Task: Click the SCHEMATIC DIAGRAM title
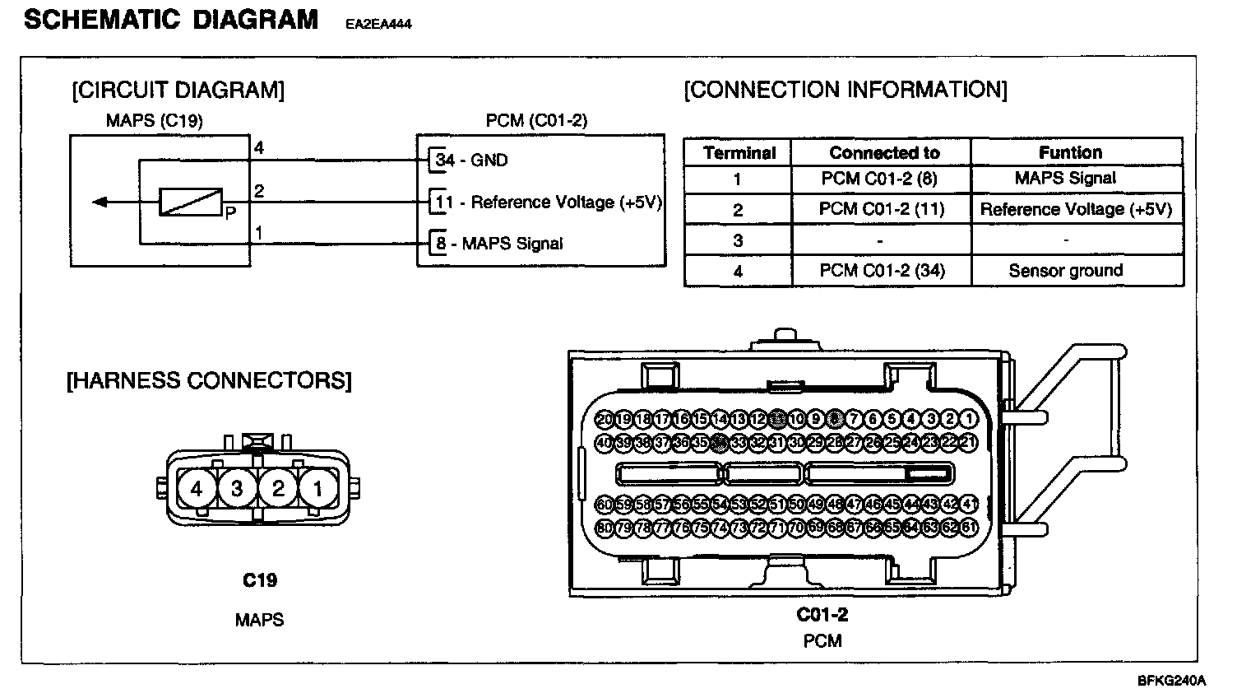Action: coord(171,20)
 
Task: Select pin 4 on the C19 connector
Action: coord(196,489)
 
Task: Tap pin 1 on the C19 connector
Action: coord(317,489)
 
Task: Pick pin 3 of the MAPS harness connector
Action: coord(237,489)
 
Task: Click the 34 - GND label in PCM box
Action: coord(471,160)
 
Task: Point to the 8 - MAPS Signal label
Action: coord(499,244)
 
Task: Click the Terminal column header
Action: coord(739,153)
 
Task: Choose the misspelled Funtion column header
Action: coord(1070,152)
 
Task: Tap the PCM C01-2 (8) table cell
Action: coord(878,179)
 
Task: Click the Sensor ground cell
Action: coord(1065,271)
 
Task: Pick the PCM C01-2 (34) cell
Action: coord(882,271)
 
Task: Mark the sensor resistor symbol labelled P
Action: coord(191,202)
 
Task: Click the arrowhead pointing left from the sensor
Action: coord(99,202)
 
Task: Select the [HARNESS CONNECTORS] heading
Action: coord(208,381)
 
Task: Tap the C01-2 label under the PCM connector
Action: coord(822,614)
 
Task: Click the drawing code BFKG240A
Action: coord(1171,681)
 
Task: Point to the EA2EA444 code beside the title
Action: coord(378,25)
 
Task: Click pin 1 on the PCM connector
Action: coord(969,420)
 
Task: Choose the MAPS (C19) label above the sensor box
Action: coord(155,121)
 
